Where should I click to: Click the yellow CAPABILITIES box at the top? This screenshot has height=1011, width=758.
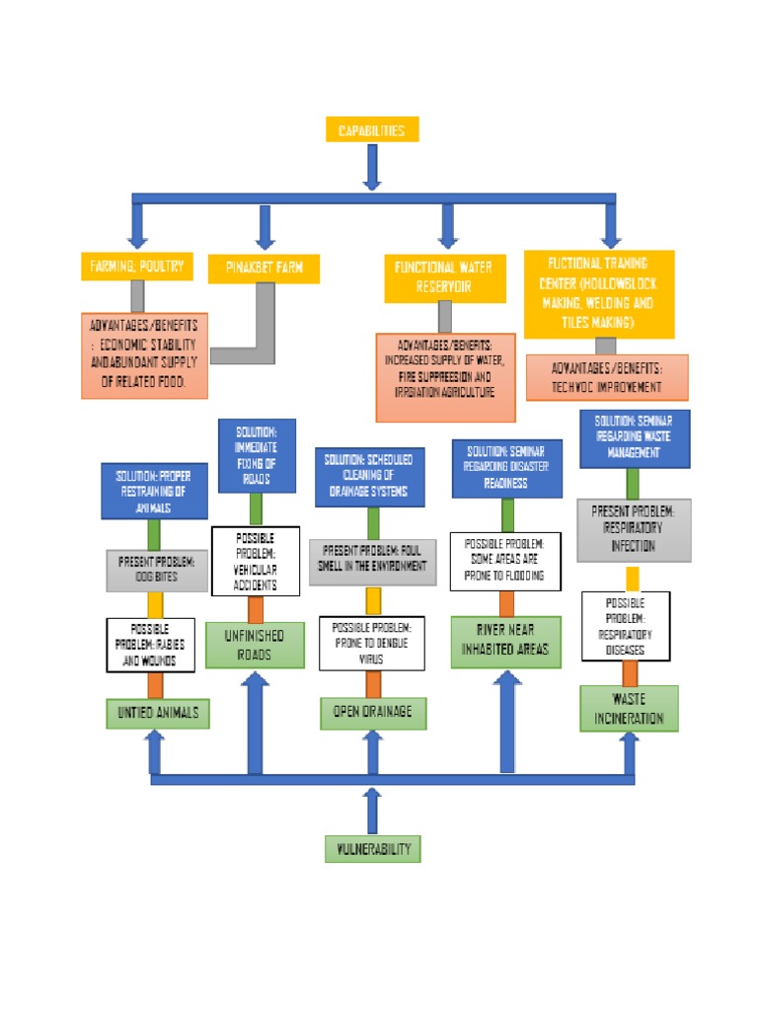pos(371,129)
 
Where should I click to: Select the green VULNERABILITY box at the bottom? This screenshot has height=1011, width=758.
pos(372,848)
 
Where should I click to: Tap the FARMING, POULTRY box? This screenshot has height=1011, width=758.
pos(136,267)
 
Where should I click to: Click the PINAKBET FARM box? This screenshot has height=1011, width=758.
pos(264,269)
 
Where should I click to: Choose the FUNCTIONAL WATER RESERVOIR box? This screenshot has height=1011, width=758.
pos(444,276)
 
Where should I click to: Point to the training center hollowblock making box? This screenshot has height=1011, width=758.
pos(598,293)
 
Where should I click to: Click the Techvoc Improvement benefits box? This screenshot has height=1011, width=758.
pos(606,378)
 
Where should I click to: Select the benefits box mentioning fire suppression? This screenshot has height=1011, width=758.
pos(445,376)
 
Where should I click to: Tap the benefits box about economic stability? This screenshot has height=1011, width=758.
pos(144,354)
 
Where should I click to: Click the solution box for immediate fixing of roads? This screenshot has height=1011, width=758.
pos(256,455)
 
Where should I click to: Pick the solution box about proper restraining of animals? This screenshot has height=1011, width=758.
pos(154,490)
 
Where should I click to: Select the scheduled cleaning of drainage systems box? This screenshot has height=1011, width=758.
pos(371,476)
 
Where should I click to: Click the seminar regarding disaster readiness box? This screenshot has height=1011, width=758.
pos(506,467)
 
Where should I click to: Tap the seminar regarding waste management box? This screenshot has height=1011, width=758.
pos(634,438)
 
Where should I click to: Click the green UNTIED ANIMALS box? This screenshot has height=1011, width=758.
pos(158,713)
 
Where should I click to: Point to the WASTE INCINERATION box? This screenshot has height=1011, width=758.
pos(629,709)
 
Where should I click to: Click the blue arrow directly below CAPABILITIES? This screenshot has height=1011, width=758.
pos(372,166)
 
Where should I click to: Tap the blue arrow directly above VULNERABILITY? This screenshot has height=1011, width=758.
pos(372,810)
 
